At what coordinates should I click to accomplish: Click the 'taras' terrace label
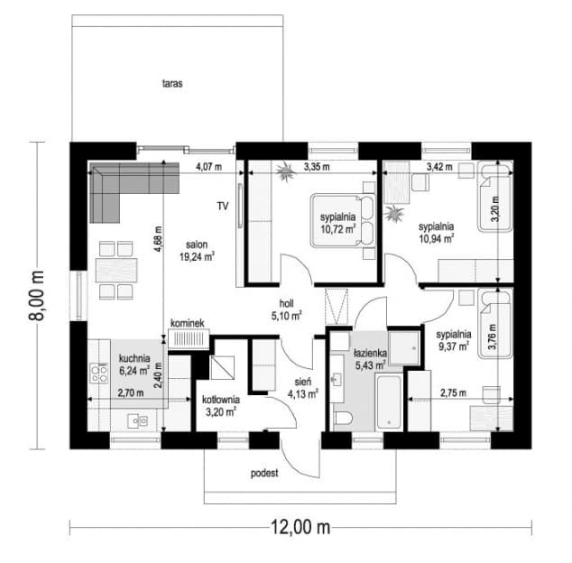[172, 83]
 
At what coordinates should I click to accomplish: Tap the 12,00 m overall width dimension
[300, 527]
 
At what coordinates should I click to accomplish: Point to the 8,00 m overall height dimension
[36, 296]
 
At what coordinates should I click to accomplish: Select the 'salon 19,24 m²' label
[197, 251]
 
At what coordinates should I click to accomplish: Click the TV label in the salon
[223, 206]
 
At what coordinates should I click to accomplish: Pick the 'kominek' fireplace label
[188, 323]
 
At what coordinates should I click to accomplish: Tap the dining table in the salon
[116, 270]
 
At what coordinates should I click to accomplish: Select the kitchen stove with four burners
[99, 373]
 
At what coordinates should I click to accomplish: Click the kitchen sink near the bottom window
[137, 421]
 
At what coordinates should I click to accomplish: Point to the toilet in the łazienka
[343, 418]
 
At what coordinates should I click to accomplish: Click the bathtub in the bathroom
[389, 401]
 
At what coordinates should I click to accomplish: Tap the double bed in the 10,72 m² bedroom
[343, 220]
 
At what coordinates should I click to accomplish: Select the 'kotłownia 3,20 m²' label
[221, 406]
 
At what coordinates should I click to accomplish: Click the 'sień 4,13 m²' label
[302, 388]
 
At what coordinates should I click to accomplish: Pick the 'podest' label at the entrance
[264, 473]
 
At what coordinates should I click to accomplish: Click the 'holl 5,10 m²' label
[286, 309]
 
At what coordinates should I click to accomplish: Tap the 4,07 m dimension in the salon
[208, 167]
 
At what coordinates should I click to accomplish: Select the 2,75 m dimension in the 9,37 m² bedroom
[453, 393]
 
